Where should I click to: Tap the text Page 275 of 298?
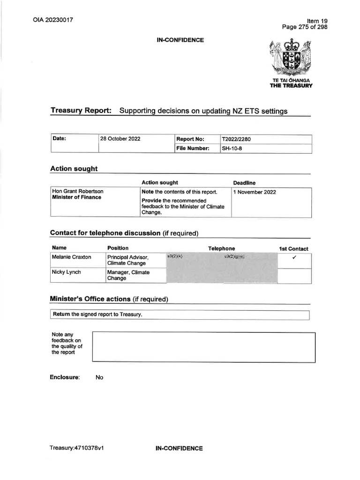pyautogui.click(x=304, y=27)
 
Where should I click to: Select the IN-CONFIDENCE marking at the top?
pyautogui.click(x=180, y=40)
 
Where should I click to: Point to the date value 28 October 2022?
pyautogui.click(x=120, y=139)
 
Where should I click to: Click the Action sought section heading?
pyautogui.click(x=74, y=169)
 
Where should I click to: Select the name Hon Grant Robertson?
pyautogui.click(x=78, y=192)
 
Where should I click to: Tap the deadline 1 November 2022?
pyautogui.click(x=255, y=192)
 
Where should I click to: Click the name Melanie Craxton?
pyautogui.click(x=72, y=257)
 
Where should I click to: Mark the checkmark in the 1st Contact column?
pyautogui.click(x=294, y=257)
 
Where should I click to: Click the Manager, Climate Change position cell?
pyautogui.click(x=128, y=275)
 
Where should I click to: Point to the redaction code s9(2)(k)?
pyautogui.click(x=176, y=257)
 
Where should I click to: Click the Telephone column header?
pyautogui.click(x=222, y=248)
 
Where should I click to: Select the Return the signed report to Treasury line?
pyautogui.click(x=97, y=315)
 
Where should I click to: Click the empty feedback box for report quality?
pyautogui.click(x=203, y=347)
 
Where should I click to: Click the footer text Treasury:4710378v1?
pyautogui.click(x=76, y=448)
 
